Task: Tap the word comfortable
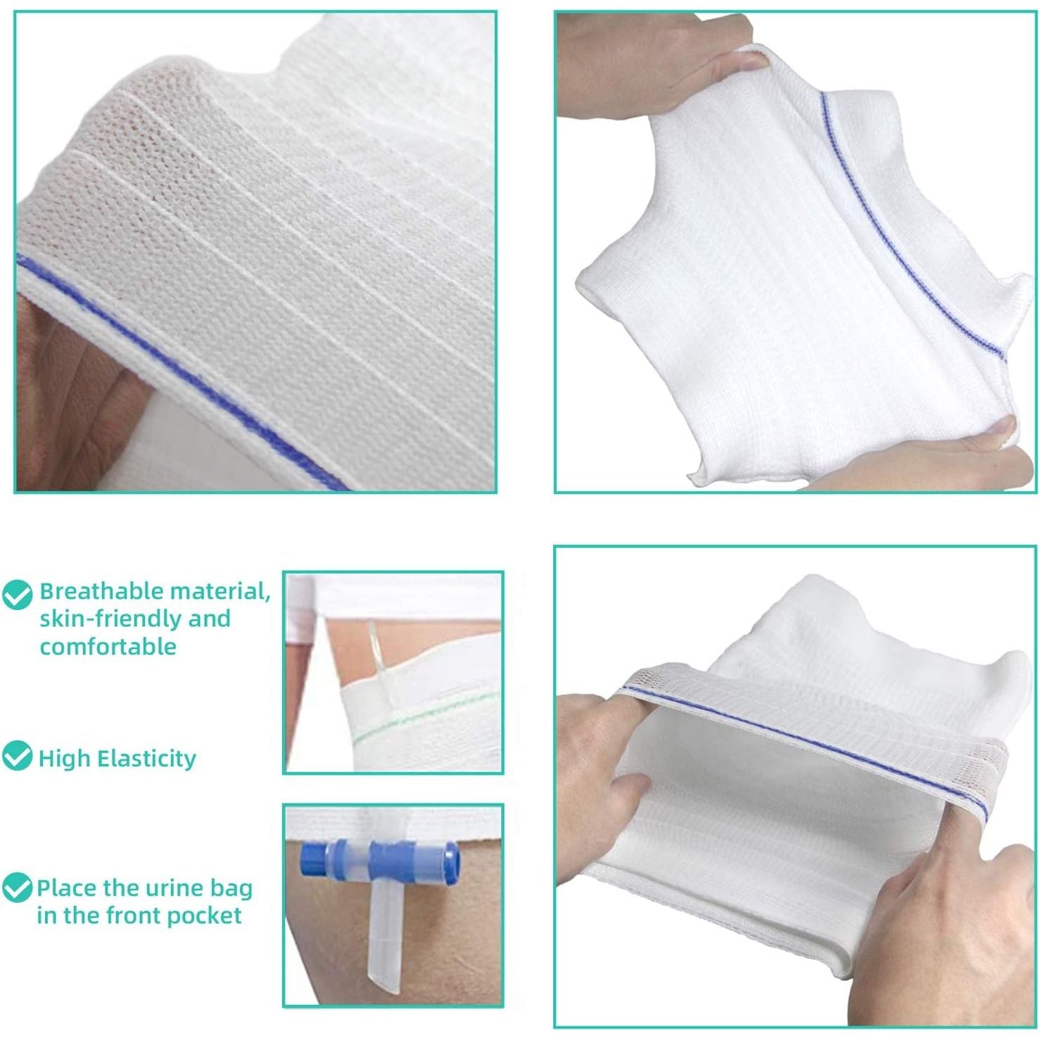(x=108, y=646)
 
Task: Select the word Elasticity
(x=146, y=759)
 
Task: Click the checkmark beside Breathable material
(x=18, y=595)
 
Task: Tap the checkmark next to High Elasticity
(x=17, y=756)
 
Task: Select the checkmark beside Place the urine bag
(x=17, y=888)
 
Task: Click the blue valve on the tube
(x=380, y=859)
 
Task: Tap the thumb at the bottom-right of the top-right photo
(x=999, y=431)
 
